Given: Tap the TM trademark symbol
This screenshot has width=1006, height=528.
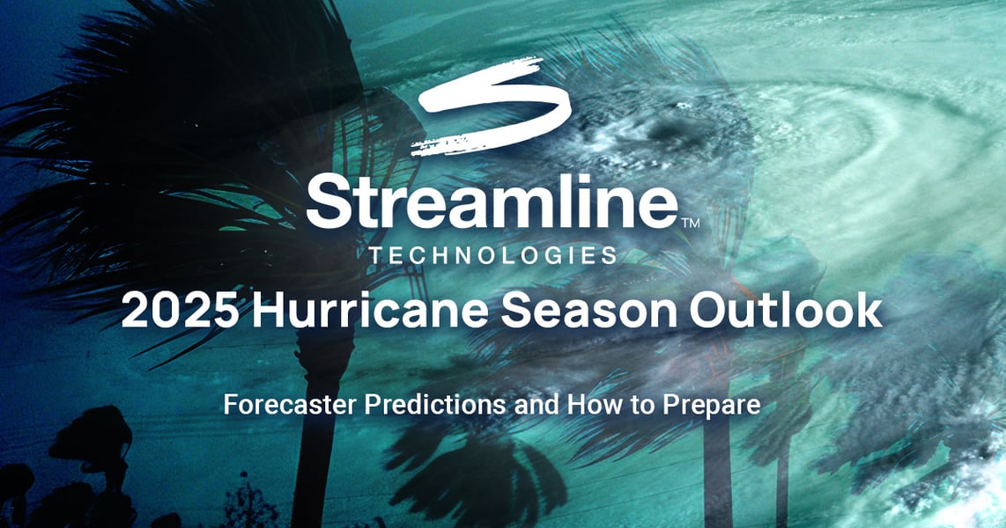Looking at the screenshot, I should tap(691, 224).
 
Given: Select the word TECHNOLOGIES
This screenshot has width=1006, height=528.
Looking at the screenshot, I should tap(492, 256).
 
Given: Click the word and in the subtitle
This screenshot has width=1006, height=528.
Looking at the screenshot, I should tap(521, 407).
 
